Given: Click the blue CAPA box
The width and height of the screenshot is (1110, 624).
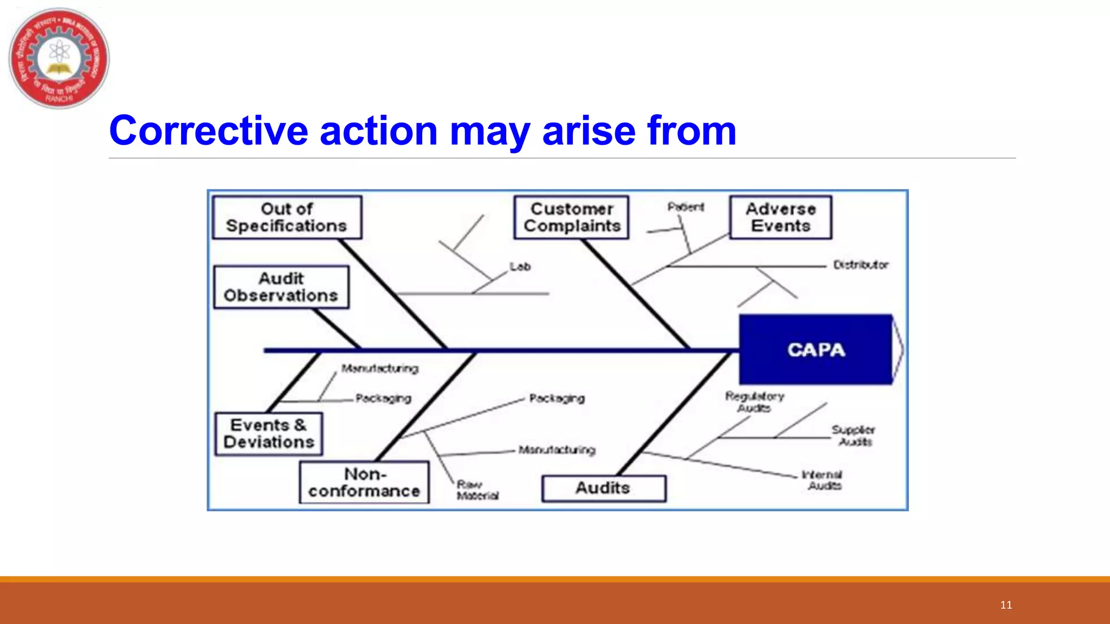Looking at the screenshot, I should pos(815,350).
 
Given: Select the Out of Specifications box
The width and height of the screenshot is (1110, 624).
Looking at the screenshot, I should pos(287,217).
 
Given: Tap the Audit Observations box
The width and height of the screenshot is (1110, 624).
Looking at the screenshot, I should pos(281,287).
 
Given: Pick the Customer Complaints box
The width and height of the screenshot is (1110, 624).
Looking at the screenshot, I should pos(571,217).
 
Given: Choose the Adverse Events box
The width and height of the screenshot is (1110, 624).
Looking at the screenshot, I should pos(780,217).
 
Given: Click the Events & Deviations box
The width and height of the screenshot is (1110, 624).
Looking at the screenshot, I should pos(269,434).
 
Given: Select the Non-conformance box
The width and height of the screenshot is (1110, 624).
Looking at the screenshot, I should pos(364,482).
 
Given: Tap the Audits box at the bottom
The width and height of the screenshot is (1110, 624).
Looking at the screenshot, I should pos(603,488).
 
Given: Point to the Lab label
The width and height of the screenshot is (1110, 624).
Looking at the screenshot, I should pos(520,266).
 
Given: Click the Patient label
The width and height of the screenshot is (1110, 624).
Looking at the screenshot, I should pos(686,207).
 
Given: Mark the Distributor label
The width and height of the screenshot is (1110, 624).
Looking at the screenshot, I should pos(861,265).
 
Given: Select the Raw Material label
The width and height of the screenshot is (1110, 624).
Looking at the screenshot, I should pos(477,490).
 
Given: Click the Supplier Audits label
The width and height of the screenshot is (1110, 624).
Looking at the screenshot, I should pos(854,435).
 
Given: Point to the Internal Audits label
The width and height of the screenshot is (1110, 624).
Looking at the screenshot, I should pos(823,480).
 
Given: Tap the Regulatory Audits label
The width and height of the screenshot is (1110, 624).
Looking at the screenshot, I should pos(754,402).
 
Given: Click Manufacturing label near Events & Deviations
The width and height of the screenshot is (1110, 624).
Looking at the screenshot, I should pos(380,368).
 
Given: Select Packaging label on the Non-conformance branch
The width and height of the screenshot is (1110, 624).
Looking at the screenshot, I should pos(557,398).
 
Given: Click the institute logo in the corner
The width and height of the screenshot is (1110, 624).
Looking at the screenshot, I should pos(59,58).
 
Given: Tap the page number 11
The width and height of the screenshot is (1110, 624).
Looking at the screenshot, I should pos(1006,605).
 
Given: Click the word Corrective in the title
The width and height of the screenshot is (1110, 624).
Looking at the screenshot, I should pos(208,131).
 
